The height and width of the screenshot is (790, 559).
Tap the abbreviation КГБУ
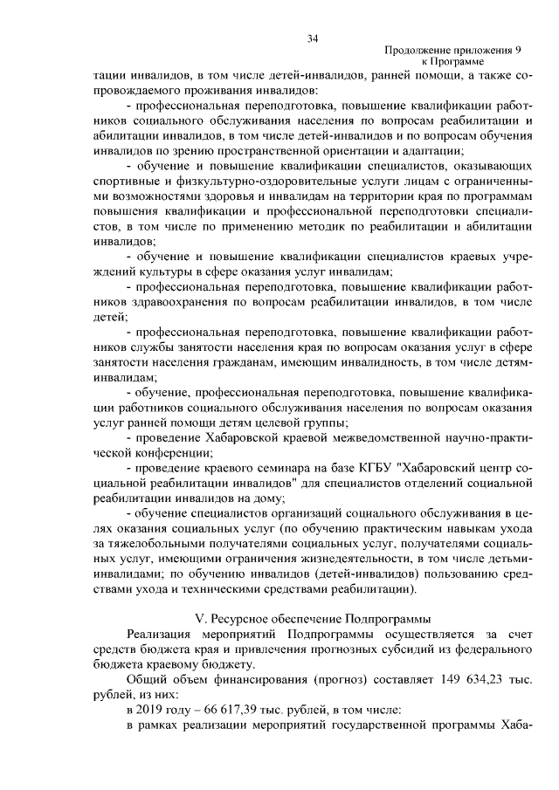pyautogui.click(x=370, y=469)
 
